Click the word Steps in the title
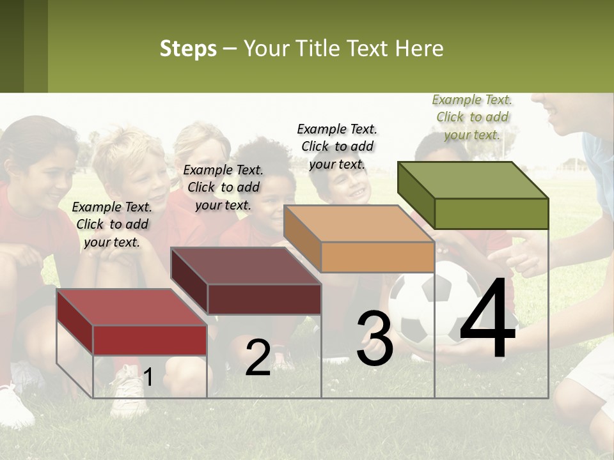[x=188, y=49]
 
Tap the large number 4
[x=487, y=319]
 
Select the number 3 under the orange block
[x=375, y=339]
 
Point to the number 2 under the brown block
[x=258, y=358]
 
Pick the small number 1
[x=148, y=378]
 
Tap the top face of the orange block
[x=359, y=224]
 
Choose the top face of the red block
[x=131, y=307]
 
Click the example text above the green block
[x=472, y=117]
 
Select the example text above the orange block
[x=337, y=146]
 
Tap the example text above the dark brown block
[x=223, y=187]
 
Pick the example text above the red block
[x=112, y=224]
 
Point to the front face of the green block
[x=491, y=213]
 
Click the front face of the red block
[x=150, y=340]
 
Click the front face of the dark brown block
[x=264, y=299]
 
